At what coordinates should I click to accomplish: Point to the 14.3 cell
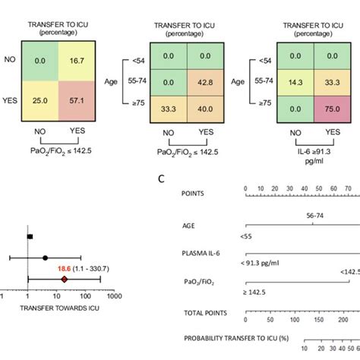[x=284, y=83]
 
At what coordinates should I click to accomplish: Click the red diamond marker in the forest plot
[x=65, y=279]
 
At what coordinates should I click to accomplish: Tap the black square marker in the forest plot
[x=30, y=237]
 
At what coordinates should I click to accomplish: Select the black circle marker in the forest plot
[x=45, y=258]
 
